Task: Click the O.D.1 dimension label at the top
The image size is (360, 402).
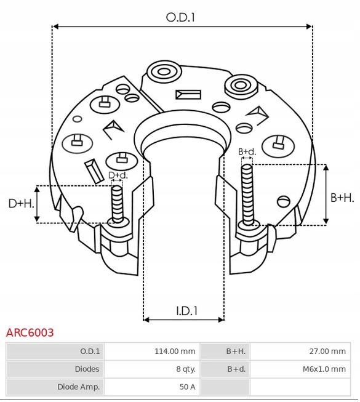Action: click(x=181, y=17)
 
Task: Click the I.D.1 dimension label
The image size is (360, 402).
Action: click(x=187, y=311)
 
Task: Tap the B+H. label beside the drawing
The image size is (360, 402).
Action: click(x=342, y=198)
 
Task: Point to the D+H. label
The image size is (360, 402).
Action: click(x=21, y=204)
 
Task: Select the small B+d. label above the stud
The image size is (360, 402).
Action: click(x=247, y=151)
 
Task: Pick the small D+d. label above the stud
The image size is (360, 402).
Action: click(x=118, y=175)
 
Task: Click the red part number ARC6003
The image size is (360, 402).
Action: click(x=30, y=332)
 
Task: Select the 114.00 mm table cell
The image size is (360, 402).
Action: click(x=175, y=351)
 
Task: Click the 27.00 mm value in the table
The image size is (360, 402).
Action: click(x=327, y=351)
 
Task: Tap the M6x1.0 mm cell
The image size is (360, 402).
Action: click(x=324, y=369)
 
